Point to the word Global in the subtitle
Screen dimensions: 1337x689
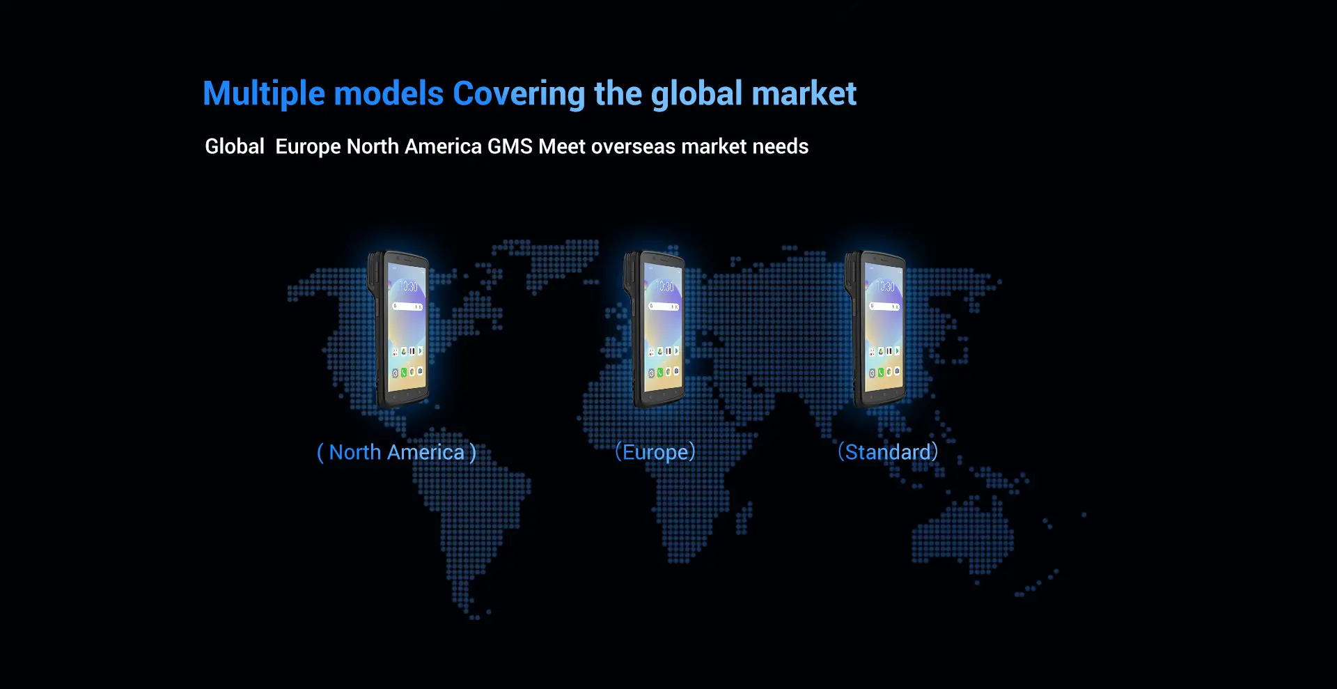(235, 146)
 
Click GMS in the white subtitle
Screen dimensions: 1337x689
(510, 146)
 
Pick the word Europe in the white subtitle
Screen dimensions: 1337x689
(308, 147)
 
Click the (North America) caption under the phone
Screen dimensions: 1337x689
(396, 452)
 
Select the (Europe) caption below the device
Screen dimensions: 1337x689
(655, 452)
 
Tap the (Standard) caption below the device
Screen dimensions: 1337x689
(888, 452)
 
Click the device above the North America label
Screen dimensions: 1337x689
(398, 329)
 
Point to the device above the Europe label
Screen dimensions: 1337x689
(655, 329)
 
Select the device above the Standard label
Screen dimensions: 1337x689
(875, 329)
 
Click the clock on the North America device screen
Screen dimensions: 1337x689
(409, 286)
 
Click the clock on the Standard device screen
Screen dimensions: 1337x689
(886, 286)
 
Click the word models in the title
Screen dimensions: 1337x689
(389, 93)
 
